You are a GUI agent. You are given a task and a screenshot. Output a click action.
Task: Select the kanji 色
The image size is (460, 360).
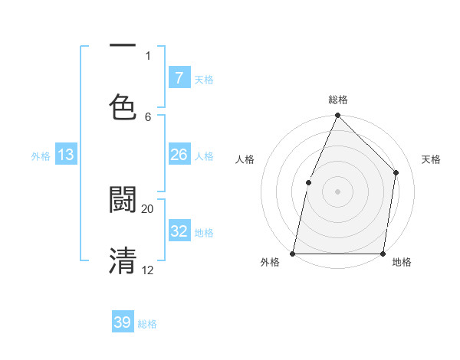[x=123, y=107]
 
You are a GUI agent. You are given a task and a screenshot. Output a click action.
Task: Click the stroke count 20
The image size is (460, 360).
[x=147, y=208]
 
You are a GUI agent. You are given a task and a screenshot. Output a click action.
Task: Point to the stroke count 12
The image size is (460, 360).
[x=147, y=270]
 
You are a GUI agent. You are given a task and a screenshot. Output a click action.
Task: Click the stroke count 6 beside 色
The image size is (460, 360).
[x=148, y=116]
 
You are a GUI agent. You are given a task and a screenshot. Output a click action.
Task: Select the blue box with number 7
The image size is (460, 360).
[x=179, y=77]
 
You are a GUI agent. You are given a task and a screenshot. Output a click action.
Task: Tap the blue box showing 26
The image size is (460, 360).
[x=179, y=155]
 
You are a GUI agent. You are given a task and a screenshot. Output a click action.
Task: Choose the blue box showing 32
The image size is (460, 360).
[x=179, y=231]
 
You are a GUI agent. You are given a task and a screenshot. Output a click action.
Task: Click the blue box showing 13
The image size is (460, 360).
[x=66, y=155]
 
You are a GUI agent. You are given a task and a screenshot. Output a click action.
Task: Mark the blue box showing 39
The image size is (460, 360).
[x=123, y=322]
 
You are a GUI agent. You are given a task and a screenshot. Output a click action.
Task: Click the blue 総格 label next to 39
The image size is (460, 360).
[x=148, y=324]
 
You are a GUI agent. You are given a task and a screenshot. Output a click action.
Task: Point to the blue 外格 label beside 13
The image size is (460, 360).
[x=41, y=156]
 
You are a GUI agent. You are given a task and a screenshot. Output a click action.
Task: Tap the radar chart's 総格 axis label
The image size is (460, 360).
[x=338, y=100]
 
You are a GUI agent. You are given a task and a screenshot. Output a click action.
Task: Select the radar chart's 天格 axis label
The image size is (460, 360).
[x=431, y=159]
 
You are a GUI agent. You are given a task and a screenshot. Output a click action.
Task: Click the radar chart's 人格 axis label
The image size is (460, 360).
[x=245, y=159]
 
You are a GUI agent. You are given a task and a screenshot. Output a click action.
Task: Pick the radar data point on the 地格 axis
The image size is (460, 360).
[x=383, y=253]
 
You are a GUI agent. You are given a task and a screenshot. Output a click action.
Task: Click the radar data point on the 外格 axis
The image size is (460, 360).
[x=293, y=253]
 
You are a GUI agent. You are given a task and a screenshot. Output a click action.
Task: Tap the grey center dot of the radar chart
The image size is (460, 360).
[x=337, y=191]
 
